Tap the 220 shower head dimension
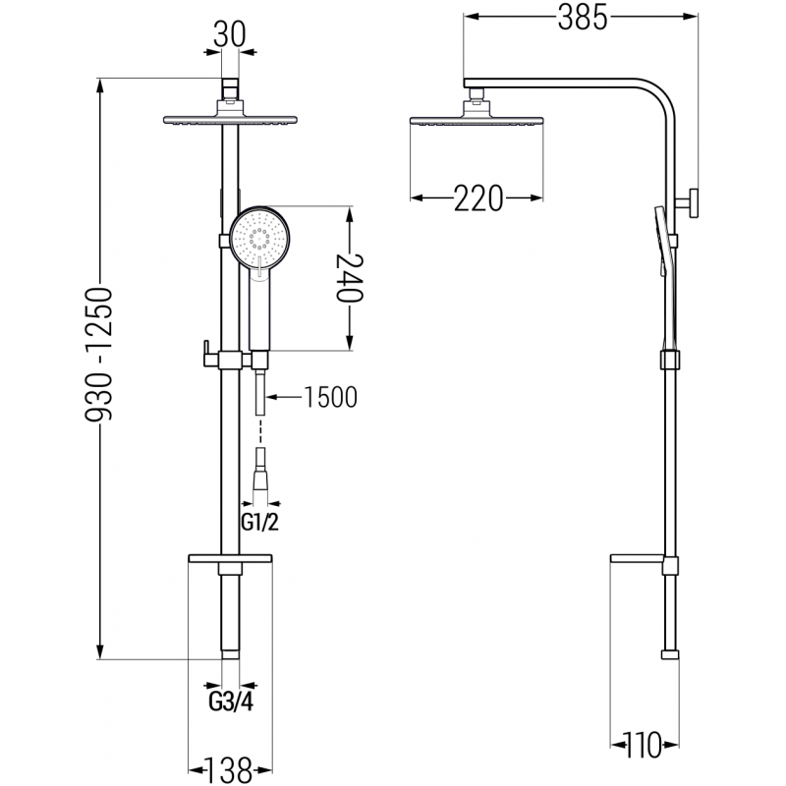tap(477, 199)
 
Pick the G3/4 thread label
tap(229, 702)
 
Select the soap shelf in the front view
tap(228, 559)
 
